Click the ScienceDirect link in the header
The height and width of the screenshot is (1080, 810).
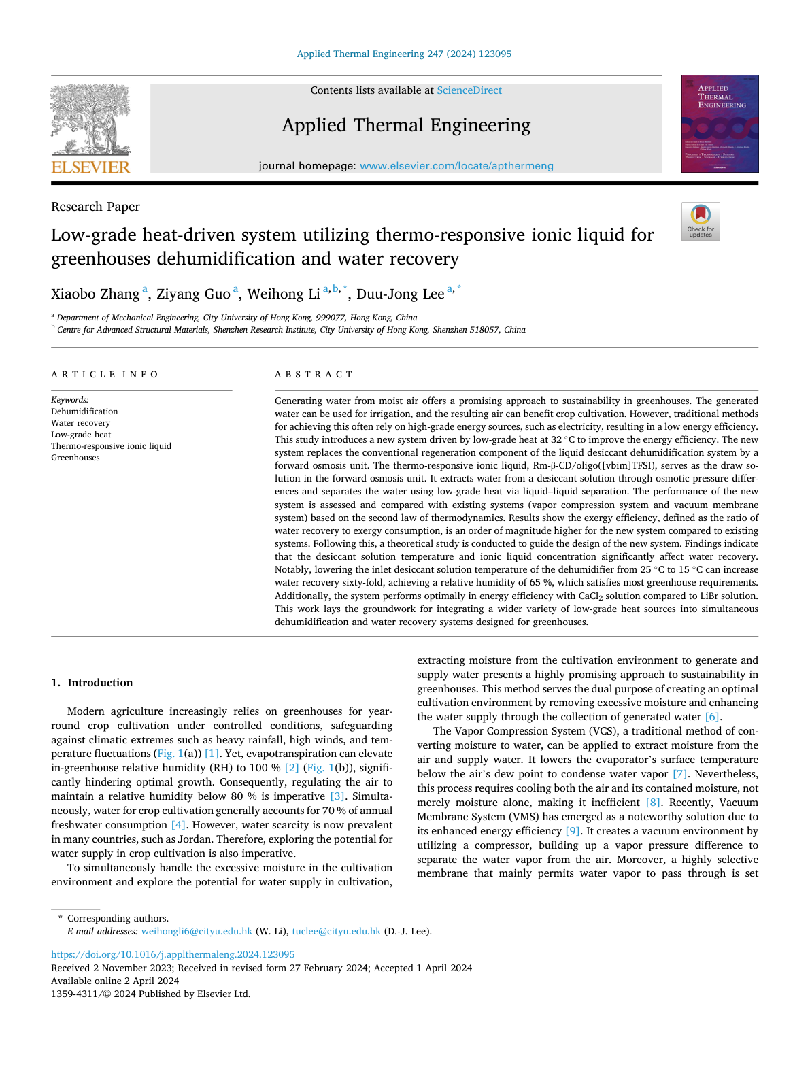[469, 90]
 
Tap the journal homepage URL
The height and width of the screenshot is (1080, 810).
[456, 166]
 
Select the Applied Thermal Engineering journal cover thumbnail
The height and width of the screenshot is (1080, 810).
[720, 124]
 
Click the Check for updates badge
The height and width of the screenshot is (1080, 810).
[701, 222]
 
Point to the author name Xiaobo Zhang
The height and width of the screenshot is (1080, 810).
[95, 294]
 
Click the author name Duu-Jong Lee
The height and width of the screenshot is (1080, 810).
[400, 294]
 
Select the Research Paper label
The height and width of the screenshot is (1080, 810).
[95, 207]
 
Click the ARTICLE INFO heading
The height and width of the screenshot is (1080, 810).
[105, 375]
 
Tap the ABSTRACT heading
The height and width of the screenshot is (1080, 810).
[314, 375]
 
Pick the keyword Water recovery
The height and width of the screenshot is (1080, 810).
[80, 423]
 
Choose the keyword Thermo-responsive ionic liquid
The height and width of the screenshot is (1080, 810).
[111, 446]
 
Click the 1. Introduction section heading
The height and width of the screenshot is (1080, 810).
[92, 683]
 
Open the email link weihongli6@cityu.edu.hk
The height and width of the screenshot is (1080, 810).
[197, 932]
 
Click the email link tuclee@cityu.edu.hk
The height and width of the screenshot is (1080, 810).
[336, 932]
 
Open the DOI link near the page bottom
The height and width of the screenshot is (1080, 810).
[173, 954]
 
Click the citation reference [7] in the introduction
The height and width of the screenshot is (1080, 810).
[679, 774]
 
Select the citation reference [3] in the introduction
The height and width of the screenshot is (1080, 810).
[337, 796]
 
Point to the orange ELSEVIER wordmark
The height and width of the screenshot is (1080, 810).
[90, 167]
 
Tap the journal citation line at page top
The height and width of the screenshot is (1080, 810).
[404, 54]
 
